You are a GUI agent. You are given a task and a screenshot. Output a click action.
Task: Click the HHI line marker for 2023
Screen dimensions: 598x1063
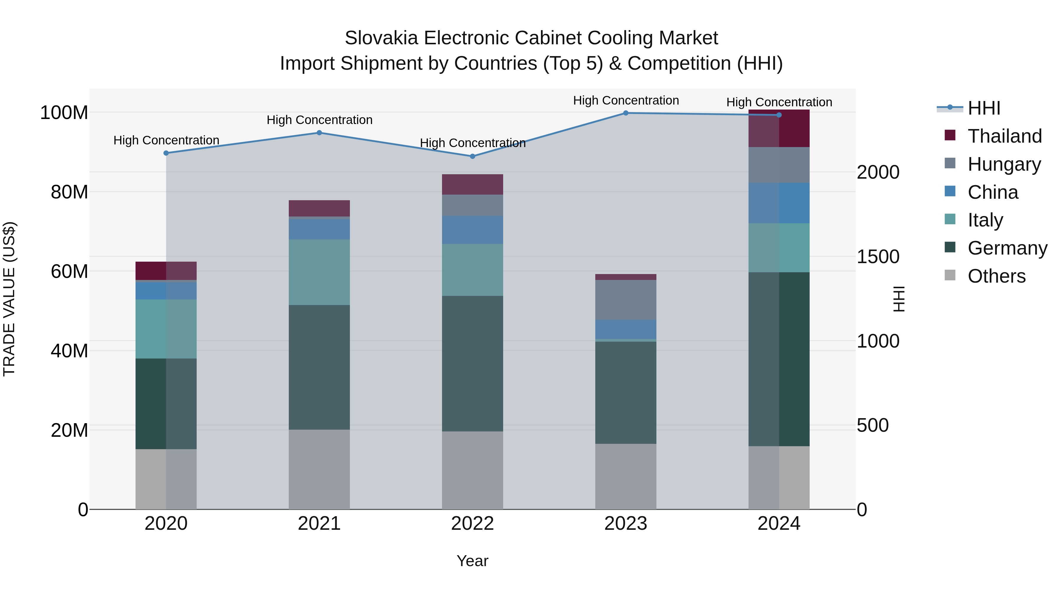click(626, 113)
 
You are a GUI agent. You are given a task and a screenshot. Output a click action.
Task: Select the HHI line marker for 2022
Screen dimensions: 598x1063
click(472, 157)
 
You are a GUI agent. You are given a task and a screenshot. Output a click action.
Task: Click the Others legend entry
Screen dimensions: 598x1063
click(996, 276)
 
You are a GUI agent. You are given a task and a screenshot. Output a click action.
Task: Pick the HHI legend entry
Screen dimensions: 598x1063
click(984, 108)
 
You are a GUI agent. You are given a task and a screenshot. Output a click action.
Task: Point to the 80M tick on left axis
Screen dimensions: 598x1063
click(69, 192)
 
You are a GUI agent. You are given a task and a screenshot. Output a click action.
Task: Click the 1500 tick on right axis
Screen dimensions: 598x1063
click(878, 257)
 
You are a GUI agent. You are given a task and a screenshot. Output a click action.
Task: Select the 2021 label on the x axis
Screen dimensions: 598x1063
click(319, 524)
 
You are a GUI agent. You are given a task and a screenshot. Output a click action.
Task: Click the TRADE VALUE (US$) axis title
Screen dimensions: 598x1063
click(9, 299)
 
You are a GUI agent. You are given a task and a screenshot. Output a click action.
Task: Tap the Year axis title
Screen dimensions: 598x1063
click(472, 561)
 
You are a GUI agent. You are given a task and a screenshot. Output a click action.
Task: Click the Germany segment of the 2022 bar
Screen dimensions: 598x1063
click(472, 363)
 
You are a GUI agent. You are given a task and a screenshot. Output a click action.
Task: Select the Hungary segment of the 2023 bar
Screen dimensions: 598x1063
click(626, 300)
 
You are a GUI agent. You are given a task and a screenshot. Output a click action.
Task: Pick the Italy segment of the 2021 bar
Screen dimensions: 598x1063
click(319, 272)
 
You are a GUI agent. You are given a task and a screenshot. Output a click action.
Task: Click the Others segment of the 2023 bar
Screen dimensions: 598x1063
click(626, 476)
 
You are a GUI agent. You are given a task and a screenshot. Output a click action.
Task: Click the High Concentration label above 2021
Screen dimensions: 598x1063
click(319, 120)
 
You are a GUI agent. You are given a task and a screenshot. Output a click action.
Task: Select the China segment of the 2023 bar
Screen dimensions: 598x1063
click(626, 329)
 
